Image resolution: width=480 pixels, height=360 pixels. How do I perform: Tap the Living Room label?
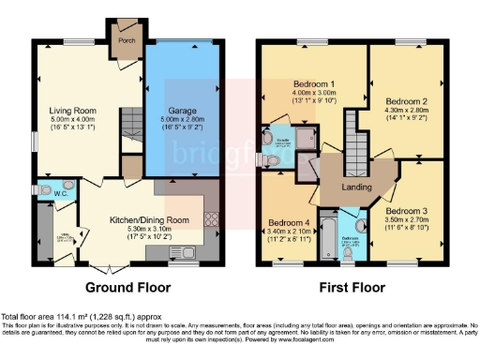coord(72,111)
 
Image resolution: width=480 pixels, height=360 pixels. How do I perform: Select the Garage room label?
coord(181,111)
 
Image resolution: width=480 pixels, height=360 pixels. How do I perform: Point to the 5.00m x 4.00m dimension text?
coord(72,121)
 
